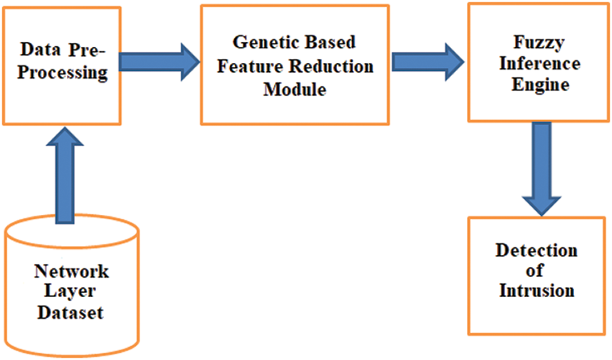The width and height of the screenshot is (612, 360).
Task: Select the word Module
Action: point(295,90)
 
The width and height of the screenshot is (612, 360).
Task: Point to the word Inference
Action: point(540,63)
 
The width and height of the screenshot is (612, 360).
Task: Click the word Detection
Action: point(536,250)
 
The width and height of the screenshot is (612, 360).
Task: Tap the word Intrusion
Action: point(537,290)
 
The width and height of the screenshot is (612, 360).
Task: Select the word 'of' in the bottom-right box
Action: point(534,270)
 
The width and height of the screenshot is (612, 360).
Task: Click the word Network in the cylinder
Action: point(71,272)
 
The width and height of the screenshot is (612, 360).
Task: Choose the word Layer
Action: point(70,292)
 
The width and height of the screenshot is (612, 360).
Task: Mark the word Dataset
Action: point(70,313)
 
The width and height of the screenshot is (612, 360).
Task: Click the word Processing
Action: point(62,73)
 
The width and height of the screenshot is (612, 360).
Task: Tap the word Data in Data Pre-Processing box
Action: point(41,50)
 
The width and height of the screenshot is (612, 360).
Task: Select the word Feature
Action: point(249,66)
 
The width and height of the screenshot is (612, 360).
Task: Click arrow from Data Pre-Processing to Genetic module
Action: point(159,62)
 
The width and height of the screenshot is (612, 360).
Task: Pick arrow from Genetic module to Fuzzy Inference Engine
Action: point(428,62)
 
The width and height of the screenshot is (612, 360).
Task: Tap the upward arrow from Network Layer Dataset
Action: point(65,175)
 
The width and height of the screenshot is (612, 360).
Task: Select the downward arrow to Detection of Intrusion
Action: point(542,169)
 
